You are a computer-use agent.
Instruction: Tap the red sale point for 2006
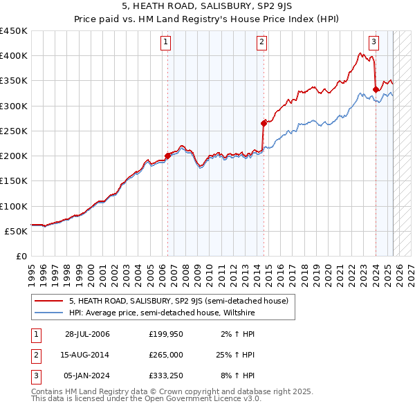(x=167, y=156)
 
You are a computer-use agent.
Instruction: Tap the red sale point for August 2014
(x=264, y=123)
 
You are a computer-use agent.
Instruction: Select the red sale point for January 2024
(x=376, y=89)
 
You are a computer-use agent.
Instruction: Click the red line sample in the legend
(x=48, y=301)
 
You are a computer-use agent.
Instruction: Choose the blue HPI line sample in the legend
(x=48, y=313)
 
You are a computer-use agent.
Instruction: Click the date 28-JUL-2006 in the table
(x=87, y=334)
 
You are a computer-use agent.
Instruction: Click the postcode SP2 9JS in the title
(x=278, y=8)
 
